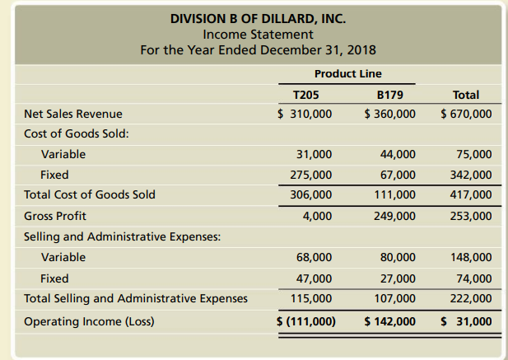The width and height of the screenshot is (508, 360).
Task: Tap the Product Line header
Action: coord(347,73)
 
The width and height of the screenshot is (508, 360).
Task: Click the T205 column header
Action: coord(306,95)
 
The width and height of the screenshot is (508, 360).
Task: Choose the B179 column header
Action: coord(389,95)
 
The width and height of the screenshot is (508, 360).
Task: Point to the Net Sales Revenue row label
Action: coord(73,114)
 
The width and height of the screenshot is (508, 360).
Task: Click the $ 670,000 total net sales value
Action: coord(466,114)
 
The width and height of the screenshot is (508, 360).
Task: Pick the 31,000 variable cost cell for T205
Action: coord(314,154)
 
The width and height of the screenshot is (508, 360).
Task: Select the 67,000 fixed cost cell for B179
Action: coord(398,175)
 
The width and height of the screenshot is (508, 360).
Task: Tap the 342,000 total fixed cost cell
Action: coord(473,175)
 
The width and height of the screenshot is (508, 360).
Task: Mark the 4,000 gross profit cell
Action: coord(317,216)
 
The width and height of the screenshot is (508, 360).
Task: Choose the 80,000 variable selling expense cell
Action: coord(398,257)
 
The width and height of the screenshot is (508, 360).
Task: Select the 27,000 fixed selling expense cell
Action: coord(398,278)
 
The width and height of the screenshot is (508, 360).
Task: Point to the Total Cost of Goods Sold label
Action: coord(90,195)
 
